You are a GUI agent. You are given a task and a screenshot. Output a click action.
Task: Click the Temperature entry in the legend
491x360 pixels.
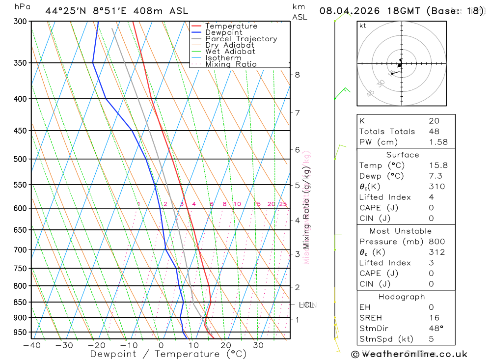[231, 26]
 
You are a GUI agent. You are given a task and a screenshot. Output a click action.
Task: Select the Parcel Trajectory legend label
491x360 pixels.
[241, 39]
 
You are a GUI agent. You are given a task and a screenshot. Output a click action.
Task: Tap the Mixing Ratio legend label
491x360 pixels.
[231, 64]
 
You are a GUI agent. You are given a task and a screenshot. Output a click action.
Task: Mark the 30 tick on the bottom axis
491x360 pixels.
[258, 345]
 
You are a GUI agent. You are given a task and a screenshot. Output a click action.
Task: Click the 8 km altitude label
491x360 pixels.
[298, 75]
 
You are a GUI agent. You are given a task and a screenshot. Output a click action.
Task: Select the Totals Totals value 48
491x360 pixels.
[434, 131]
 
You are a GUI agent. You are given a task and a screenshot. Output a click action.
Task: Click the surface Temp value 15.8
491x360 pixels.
[438, 166]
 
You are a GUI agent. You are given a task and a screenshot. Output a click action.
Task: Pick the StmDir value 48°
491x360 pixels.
[436, 329]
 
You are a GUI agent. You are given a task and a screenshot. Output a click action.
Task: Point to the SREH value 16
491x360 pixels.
[434, 318]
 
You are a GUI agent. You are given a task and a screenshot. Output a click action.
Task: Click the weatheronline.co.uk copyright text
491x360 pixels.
[409, 354]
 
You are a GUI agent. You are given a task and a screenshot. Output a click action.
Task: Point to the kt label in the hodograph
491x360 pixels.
[362, 26]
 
